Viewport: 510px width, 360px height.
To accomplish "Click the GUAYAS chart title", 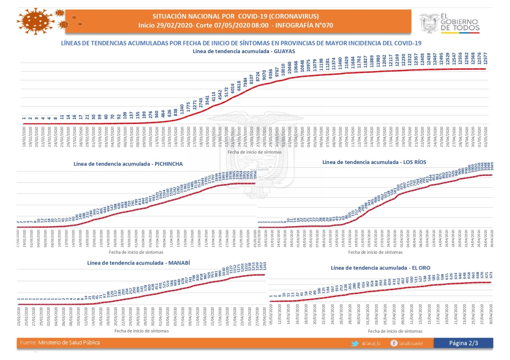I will (244, 51).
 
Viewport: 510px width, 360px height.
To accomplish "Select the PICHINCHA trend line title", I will (128, 164).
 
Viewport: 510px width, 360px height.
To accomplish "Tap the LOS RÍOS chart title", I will (374, 162).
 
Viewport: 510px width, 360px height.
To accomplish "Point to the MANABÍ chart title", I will (138, 263).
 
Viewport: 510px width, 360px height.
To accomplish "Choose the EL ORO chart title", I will (380, 268).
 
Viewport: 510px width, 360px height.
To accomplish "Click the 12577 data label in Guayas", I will (485, 58).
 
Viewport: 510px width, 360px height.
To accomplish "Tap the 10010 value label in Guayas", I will (283, 70).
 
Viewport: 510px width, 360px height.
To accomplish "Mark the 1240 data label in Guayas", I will (182, 109).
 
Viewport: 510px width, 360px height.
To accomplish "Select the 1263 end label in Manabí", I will (265, 266).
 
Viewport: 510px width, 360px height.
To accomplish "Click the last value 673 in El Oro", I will (491, 274).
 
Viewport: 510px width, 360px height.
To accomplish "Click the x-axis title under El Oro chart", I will (395, 331).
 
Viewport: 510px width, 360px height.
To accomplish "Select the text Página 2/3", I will (463, 343).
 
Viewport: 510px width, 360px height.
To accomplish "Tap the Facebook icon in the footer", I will (394, 343).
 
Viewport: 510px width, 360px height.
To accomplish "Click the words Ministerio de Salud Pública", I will (69, 343).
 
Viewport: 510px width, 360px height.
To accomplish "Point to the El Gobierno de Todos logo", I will (449, 23).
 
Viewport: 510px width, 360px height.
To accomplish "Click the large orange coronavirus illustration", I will (35, 21).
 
